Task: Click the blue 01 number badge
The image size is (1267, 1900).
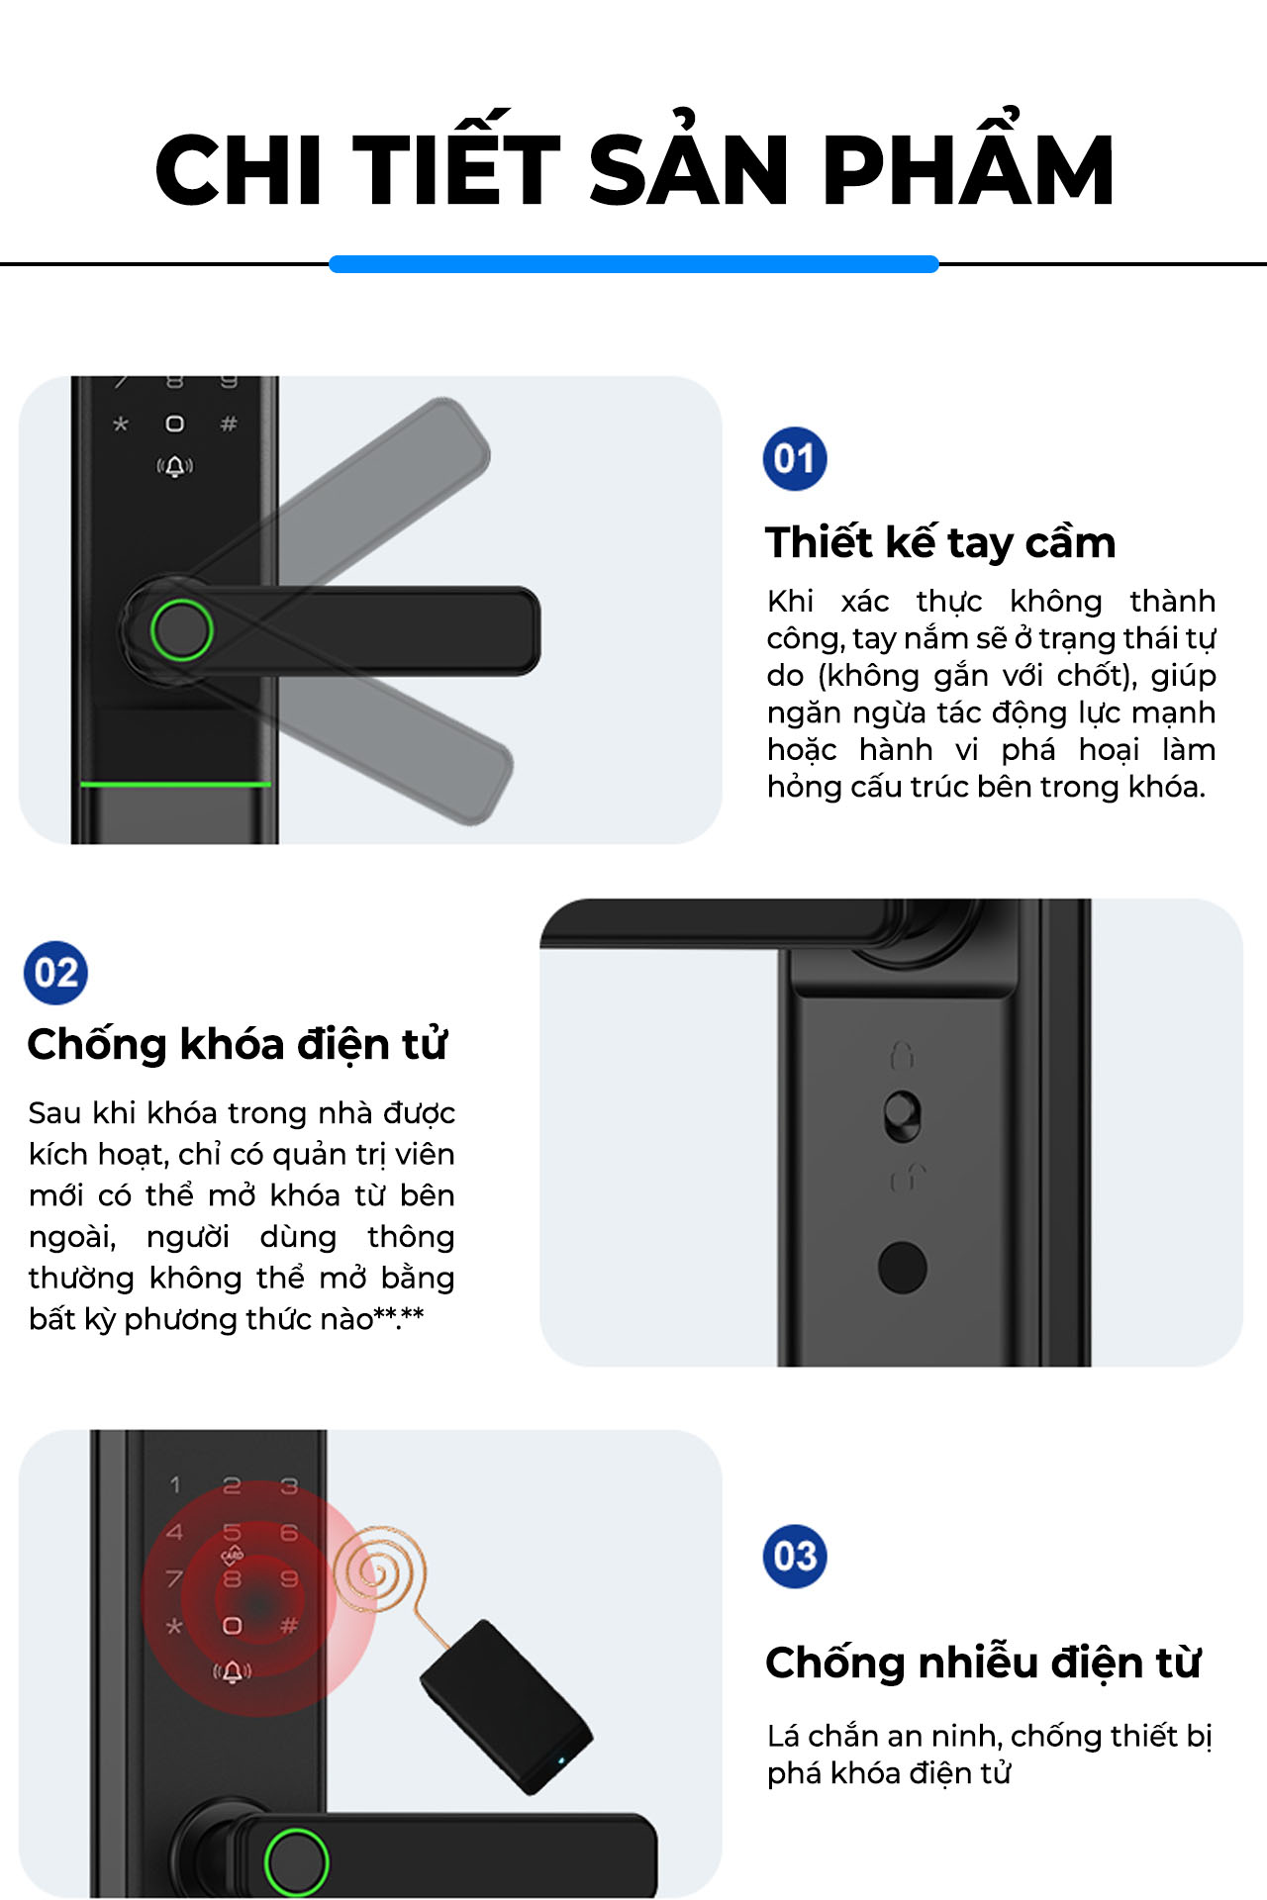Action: [795, 459]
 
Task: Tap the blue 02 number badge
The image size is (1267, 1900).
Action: [56, 973]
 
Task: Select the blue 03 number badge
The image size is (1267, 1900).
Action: [795, 1557]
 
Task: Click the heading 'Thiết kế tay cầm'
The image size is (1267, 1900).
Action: [940, 542]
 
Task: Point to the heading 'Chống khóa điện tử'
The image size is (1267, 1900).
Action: [238, 1044]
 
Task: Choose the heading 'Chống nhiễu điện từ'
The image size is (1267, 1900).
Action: [983, 1662]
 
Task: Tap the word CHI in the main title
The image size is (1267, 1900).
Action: [239, 169]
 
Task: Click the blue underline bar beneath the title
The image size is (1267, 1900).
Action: [633, 264]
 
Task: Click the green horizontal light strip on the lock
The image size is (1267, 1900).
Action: [175, 785]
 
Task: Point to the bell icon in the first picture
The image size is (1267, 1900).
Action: [175, 466]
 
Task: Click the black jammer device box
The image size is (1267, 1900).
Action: [506, 1707]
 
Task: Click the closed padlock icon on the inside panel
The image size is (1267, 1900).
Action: [902, 1055]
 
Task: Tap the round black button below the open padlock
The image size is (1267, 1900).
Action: [903, 1268]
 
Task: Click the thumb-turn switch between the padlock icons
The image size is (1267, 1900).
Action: [902, 1115]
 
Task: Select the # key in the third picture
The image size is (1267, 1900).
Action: [289, 1625]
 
